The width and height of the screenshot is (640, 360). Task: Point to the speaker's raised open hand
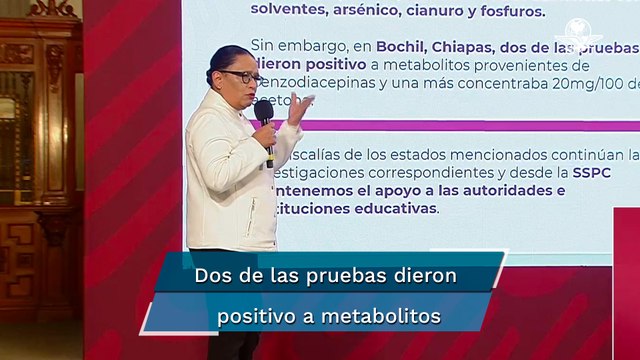[x=299, y=107]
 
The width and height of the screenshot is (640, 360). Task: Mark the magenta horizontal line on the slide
[x=470, y=125]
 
